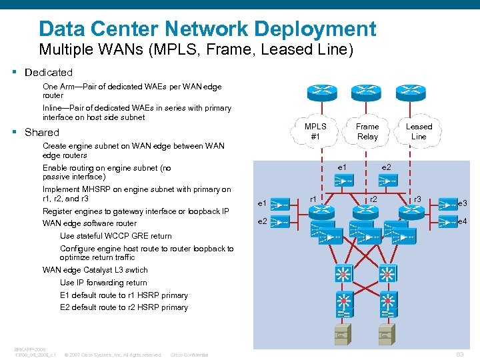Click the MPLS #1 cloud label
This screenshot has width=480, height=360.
[315, 131]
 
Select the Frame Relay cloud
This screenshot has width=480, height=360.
[367, 131]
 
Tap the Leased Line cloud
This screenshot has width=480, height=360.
[419, 131]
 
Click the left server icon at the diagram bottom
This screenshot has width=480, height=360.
[343, 331]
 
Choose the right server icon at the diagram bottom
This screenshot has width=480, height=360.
[385, 331]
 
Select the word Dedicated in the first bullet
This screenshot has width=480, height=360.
[48, 72]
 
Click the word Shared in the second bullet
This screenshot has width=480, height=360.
[42, 132]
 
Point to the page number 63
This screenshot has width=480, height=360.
[459, 354]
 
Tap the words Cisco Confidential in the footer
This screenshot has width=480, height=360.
[189, 355]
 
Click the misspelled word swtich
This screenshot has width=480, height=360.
[135, 270]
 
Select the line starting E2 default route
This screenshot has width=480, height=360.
[123, 307]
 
